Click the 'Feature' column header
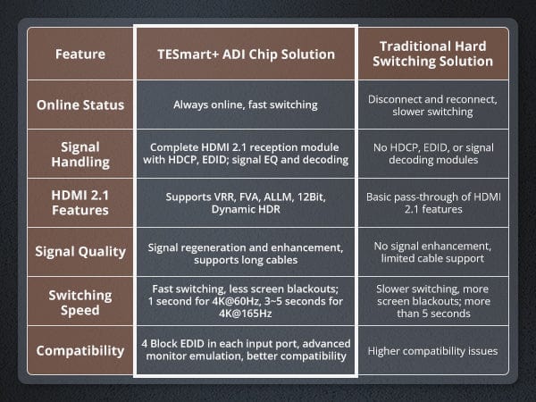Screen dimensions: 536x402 click(x=80, y=54)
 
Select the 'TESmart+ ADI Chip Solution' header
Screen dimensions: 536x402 click(x=247, y=54)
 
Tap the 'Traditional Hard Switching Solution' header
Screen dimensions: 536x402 click(x=432, y=54)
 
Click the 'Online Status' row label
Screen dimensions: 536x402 click(x=80, y=105)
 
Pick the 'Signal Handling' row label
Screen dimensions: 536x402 click(x=80, y=155)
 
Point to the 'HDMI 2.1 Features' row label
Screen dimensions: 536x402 click(x=80, y=203)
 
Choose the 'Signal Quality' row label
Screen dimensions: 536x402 click(x=80, y=252)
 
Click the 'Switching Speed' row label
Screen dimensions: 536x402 click(x=80, y=303)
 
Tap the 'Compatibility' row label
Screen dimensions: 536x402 click(x=80, y=351)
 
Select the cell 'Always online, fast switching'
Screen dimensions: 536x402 click(x=246, y=105)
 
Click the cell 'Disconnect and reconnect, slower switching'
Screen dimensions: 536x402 click(x=432, y=105)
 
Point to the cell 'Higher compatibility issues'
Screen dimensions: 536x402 click(x=432, y=351)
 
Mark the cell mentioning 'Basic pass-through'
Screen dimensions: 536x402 click(x=433, y=203)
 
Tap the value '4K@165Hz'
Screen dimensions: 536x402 click(x=246, y=314)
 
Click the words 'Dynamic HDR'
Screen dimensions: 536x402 click(x=246, y=210)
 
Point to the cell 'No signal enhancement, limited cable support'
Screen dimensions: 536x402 click(x=432, y=252)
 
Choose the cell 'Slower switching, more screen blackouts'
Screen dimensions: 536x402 click(x=433, y=302)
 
